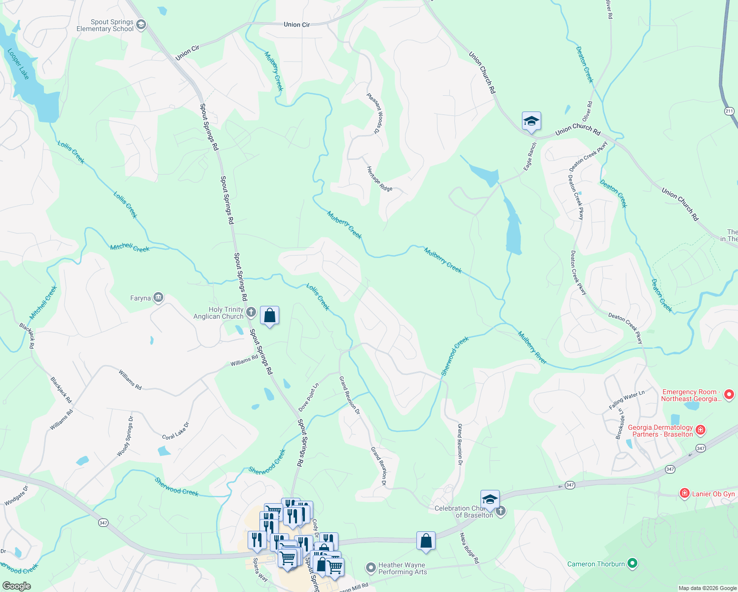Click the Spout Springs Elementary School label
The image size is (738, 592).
point(105,25)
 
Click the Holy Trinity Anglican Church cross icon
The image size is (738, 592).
point(251,312)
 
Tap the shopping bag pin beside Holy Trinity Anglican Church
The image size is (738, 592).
point(270,316)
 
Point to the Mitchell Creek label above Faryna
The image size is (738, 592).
point(130,248)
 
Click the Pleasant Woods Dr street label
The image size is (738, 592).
point(374,114)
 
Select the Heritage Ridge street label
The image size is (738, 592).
point(379,179)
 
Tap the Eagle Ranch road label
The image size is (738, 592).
point(530,157)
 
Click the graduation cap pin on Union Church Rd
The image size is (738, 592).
point(531,121)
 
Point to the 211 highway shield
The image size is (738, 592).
point(730,111)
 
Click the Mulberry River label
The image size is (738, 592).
point(532,348)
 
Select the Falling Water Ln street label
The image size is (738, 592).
point(627,400)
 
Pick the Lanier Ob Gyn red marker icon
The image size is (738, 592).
point(684,493)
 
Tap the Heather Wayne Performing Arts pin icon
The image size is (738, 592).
point(371,568)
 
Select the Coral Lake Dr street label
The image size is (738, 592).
point(176,431)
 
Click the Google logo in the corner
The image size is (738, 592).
point(16,586)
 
